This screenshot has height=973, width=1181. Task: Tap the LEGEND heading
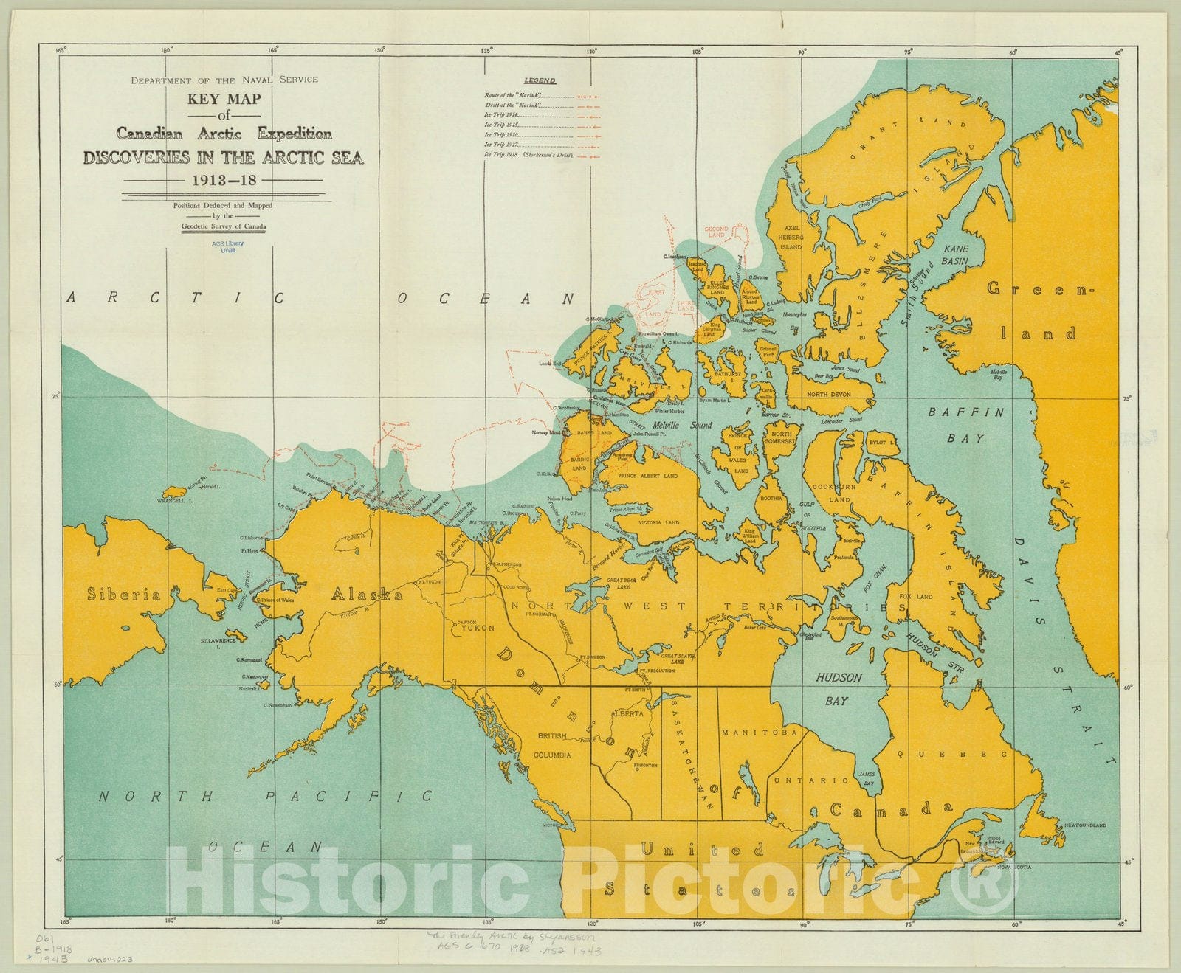click(x=540, y=80)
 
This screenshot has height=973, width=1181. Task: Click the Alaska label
click(x=367, y=595)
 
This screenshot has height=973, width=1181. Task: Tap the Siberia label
click(x=123, y=595)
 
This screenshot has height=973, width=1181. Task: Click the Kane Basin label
click(x=955, y=254)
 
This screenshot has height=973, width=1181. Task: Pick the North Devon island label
click(x=828, y=394)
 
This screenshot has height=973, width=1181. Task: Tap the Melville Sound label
click(x=682, y=425)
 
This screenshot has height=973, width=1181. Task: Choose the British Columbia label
click(x=553, y=745)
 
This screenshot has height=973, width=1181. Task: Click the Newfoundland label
click(x=1085, y=825)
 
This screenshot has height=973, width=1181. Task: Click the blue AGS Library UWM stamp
click(x=227, y=246)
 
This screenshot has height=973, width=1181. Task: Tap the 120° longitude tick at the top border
click(x=591, y=52)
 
